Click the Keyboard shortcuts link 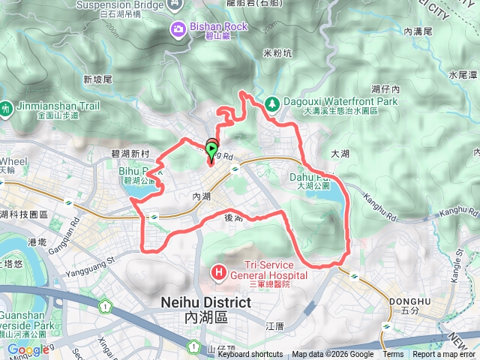coord(250,355)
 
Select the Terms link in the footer coord(393,355)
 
